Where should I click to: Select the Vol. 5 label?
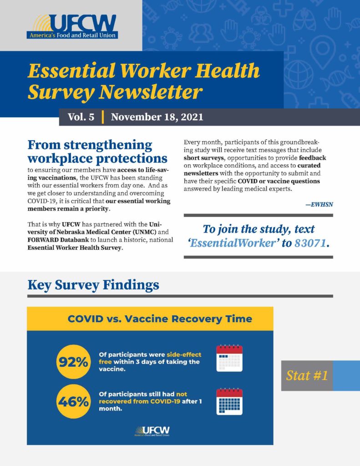click(81, 117)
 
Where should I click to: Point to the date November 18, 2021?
click(157, 117)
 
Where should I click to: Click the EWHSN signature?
click(319, 204)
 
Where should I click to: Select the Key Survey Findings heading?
click(93, 285)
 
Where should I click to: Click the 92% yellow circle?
click(71, 362)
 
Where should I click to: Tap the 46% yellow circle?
click(71, 401)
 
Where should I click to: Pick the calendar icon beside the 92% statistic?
click(229, 359)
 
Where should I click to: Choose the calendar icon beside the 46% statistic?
click(229, 401)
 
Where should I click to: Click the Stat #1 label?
click(306, 375)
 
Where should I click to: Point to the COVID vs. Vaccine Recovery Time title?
click(159, 319)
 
